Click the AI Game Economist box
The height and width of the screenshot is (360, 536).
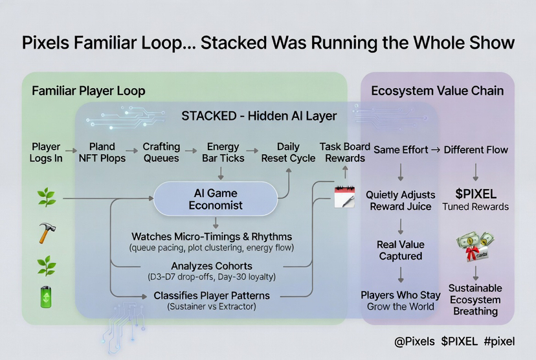(215, 199)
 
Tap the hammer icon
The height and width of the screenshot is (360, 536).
(46, 231)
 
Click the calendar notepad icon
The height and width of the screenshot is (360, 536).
(344, 196)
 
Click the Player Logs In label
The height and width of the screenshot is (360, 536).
(46, 152)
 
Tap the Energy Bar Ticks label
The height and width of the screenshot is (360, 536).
(223, 152)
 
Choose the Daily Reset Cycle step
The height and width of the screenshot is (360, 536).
(288, 152)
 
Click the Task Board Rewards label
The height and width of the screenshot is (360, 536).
(345, 152)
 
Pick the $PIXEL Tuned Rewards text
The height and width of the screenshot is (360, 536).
(476, 199)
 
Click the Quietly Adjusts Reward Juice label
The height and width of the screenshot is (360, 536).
(401, 200)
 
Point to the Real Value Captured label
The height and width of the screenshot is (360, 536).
(400, 250)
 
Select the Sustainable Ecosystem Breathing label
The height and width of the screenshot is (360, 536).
(475, 299)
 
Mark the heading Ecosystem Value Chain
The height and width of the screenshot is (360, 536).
(437, 91)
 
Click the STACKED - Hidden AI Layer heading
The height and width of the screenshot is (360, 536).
(259, 116)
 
